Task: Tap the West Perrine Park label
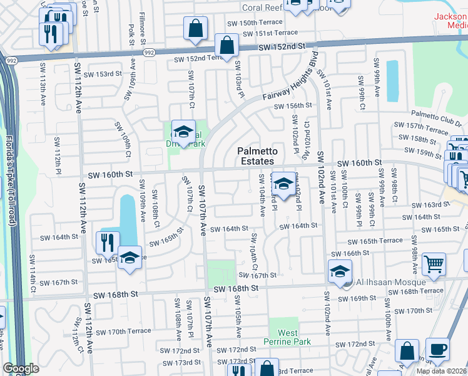coord(288,337)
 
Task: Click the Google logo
coord(21,368)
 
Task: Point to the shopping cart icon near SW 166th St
coord(433,264)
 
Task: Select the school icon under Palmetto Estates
coord(283,185)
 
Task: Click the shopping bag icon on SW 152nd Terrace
coord(226,45)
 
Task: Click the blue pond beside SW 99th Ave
coord(392,81)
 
